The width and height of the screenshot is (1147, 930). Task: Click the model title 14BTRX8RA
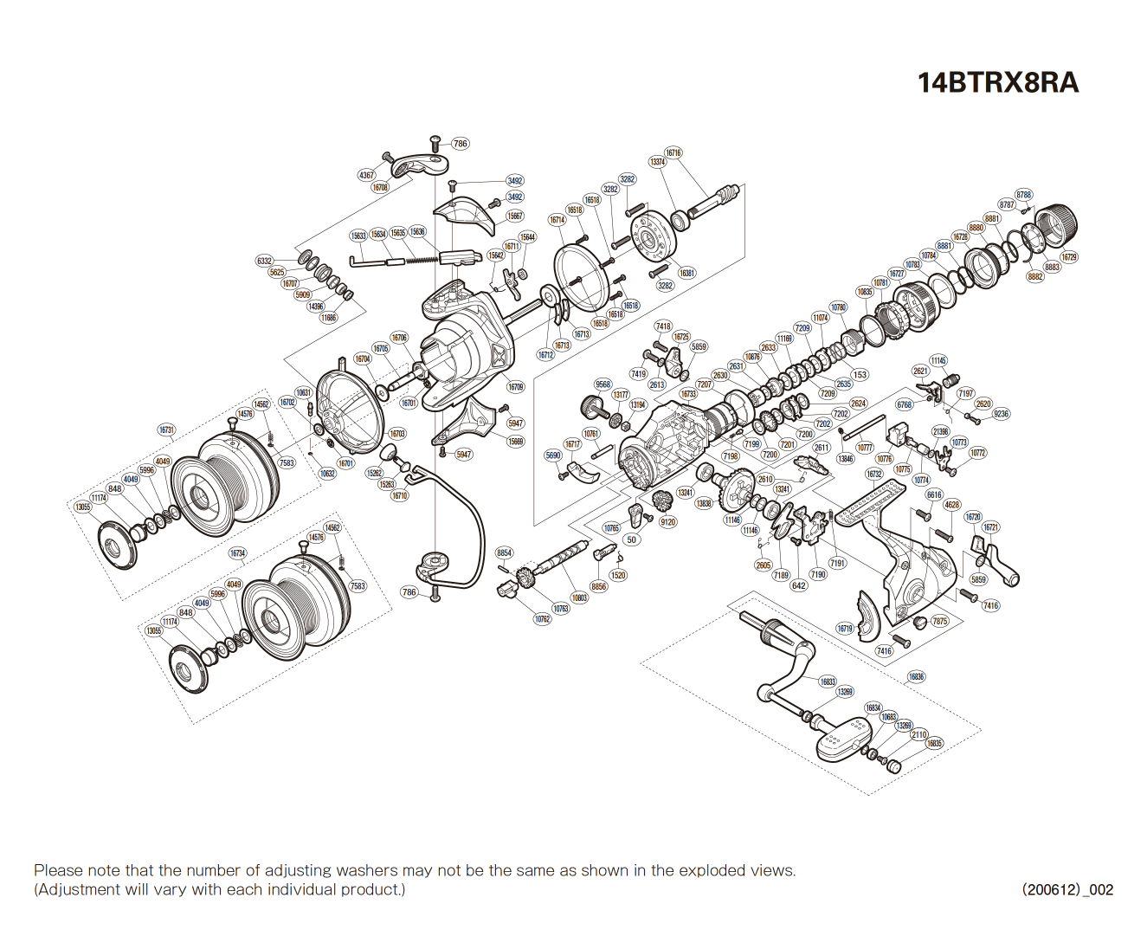click(997, 82)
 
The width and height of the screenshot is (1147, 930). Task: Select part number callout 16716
click(673, 153)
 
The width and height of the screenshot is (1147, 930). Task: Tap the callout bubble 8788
click(1023, 195)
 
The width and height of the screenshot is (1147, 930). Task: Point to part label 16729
click(1068, 257)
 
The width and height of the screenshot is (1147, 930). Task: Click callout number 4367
click(367, 175)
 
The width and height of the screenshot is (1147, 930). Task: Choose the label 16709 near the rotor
click(515, 387)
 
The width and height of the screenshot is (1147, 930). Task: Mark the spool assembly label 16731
click(166, 429)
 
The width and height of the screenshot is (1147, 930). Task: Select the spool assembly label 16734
click(237, 553)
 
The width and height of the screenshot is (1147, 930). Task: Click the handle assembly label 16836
click(916, 676)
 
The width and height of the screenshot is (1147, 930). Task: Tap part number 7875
click(939, 621)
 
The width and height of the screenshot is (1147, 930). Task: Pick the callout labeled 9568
click(602, 384)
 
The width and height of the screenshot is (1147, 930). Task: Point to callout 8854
click(504, 552)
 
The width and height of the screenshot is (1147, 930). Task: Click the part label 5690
click(553, 455)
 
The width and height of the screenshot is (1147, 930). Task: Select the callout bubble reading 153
click(859, 375)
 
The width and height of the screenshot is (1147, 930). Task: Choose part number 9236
click(1001, 414)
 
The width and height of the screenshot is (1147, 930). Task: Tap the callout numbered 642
click(798, 585)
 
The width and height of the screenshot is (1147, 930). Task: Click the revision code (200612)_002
click(1066, 889)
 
